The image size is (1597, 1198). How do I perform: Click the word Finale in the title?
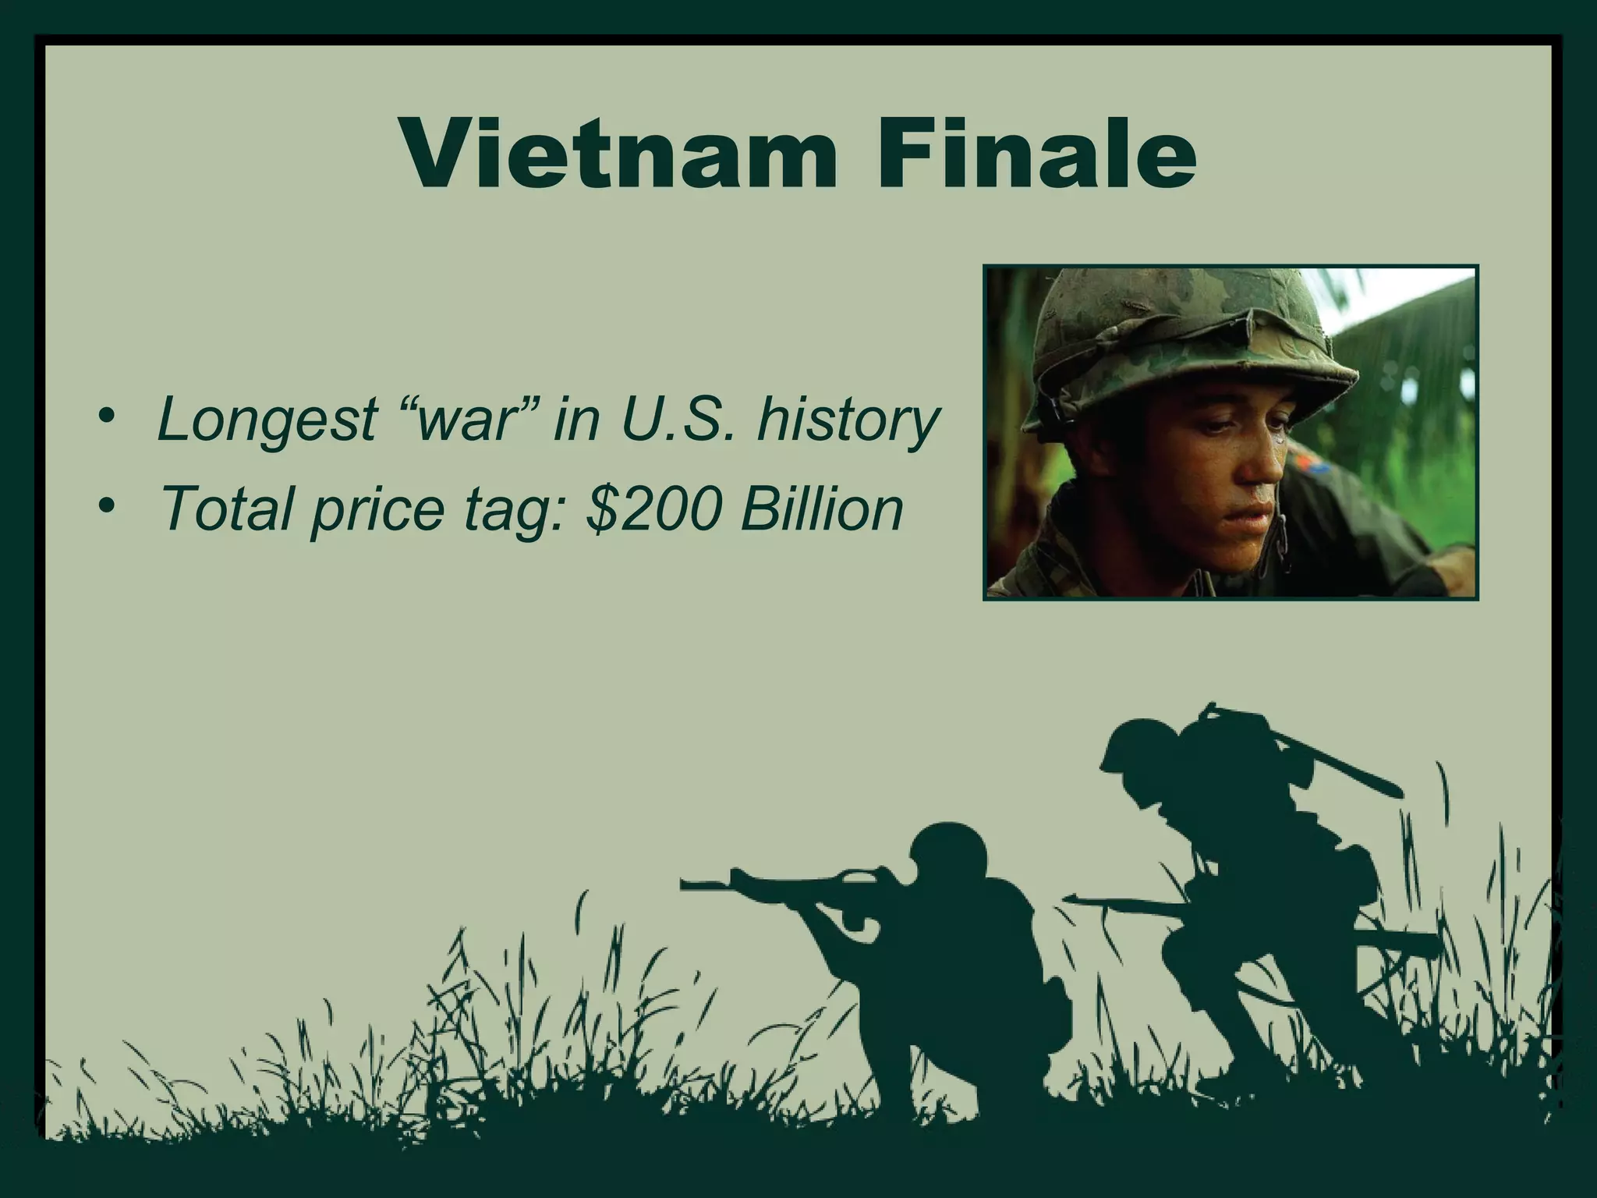(x=1032, y=156)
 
